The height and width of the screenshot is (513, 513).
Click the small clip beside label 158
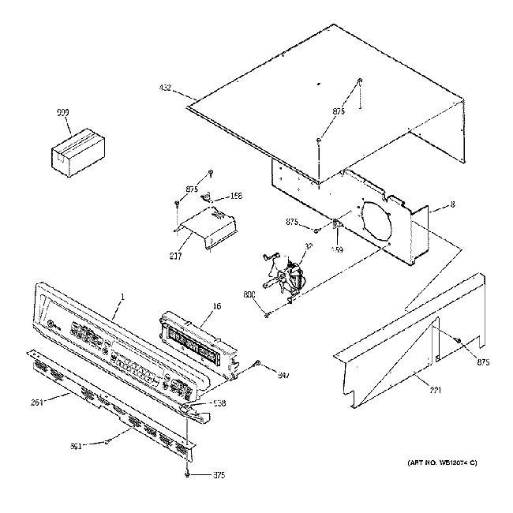(x=211, y=197)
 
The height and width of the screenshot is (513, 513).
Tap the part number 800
(x=249, y=294)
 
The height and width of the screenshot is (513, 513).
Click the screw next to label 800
(x=268, y=313)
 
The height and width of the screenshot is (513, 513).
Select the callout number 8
(x=451, y=204)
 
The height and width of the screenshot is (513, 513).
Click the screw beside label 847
(x=257, y=365)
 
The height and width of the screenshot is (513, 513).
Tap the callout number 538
(x=219, y=403)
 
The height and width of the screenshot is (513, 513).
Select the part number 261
(x=37, y=402)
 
